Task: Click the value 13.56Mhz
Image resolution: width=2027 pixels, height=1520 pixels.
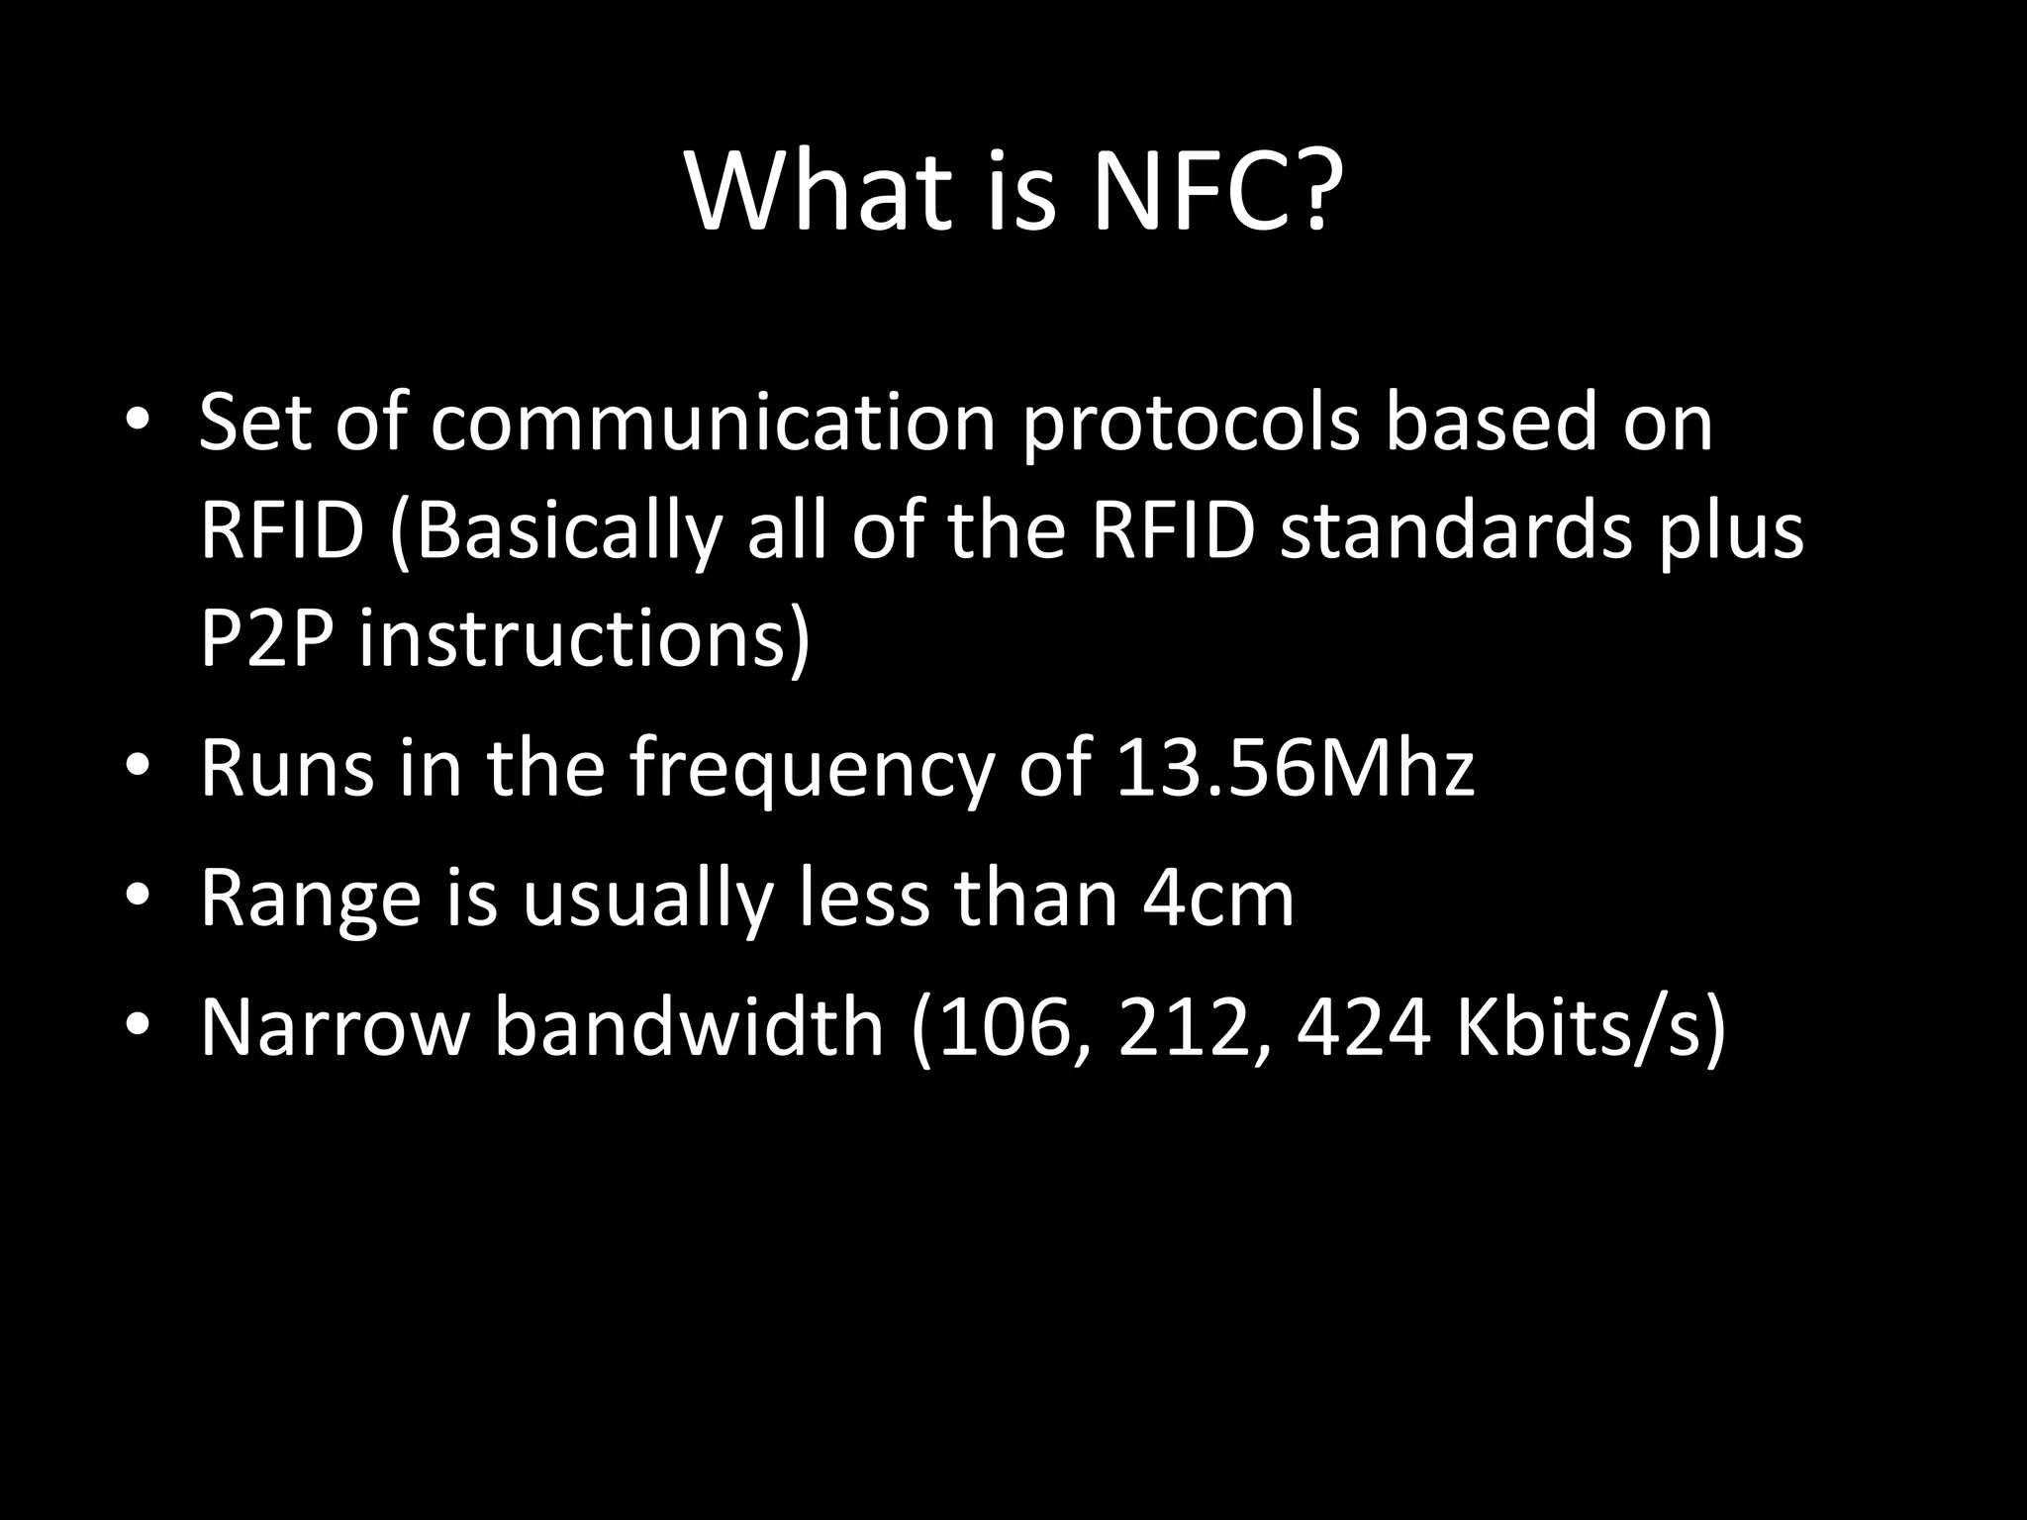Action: click(x=1295, y=769)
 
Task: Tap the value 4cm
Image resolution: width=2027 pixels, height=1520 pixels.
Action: click(x=1217, y=899)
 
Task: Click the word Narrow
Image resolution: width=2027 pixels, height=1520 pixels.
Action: click(x=333, y=1027)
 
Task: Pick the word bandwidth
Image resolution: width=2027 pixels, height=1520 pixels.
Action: click(x=688, y=1026)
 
